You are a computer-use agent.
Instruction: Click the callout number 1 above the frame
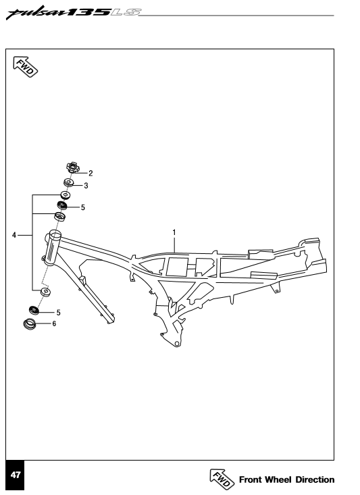click(174, 232)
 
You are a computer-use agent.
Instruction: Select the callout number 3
click(86, 185)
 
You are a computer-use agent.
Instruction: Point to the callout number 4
click(14, 235)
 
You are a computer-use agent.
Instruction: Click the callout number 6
click(54, 323)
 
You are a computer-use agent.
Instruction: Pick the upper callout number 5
click(82, 207)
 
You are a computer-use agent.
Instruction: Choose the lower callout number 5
click(58, 312)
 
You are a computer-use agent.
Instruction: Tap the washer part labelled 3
click(69, 182)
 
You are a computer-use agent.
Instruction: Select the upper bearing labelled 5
click(62, 205)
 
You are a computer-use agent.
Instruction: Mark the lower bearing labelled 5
click(34, 310)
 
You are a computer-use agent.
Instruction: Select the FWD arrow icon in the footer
click(222, 478)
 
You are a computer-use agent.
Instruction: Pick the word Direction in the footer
click(315, 479)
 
